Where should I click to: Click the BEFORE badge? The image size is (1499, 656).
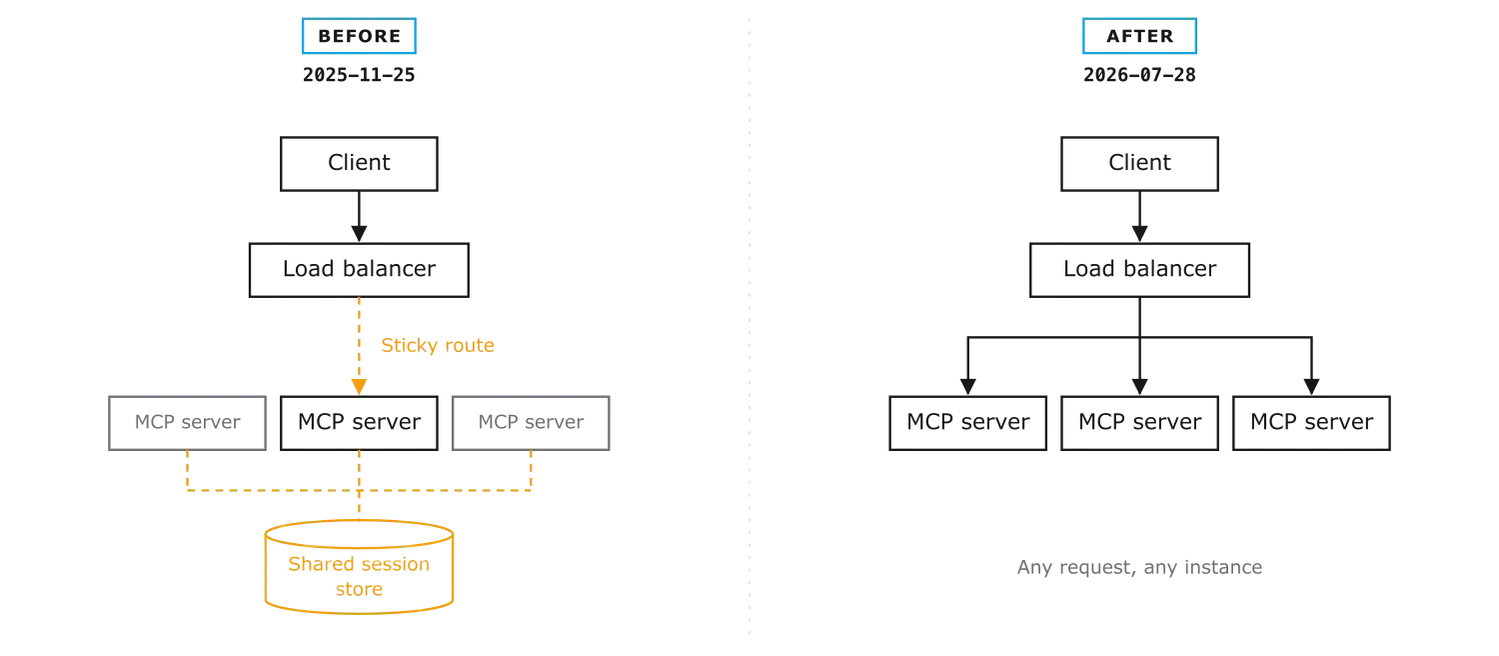tap(359, 36)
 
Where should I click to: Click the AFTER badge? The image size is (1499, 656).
tap(1139, 36)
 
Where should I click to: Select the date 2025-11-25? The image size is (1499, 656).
tap(359, 75)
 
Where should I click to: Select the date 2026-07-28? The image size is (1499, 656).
tap(1139, 75)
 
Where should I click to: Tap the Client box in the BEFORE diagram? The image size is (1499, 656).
tap(359, 164)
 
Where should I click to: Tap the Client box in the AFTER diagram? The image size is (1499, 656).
tap(1139, 164)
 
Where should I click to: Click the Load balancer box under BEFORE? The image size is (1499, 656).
tap(359, 270)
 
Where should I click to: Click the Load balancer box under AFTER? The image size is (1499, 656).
tap(1139, 270)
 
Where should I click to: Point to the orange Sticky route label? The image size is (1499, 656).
tap(438, 345)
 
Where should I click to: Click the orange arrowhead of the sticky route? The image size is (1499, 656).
tap(359, 387)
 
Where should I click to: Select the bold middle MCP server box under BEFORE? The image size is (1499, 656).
tap(359, 423)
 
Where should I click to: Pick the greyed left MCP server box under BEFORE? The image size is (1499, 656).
tap(188, 423)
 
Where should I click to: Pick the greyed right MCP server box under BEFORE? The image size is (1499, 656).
tap(531, 423)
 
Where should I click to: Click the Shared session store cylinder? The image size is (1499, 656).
tap(359, 568)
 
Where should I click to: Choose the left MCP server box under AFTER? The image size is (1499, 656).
tap(967, 423)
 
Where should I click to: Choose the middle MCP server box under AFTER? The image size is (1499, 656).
tap(1139, 423)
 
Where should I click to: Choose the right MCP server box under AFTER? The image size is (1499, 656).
tap(1311, 423)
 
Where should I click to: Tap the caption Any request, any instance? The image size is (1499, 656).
tap(1139, 568)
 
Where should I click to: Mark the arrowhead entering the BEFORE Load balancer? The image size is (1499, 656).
tap(359, 234)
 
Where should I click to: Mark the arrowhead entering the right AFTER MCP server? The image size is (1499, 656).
tap(1311, 387)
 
